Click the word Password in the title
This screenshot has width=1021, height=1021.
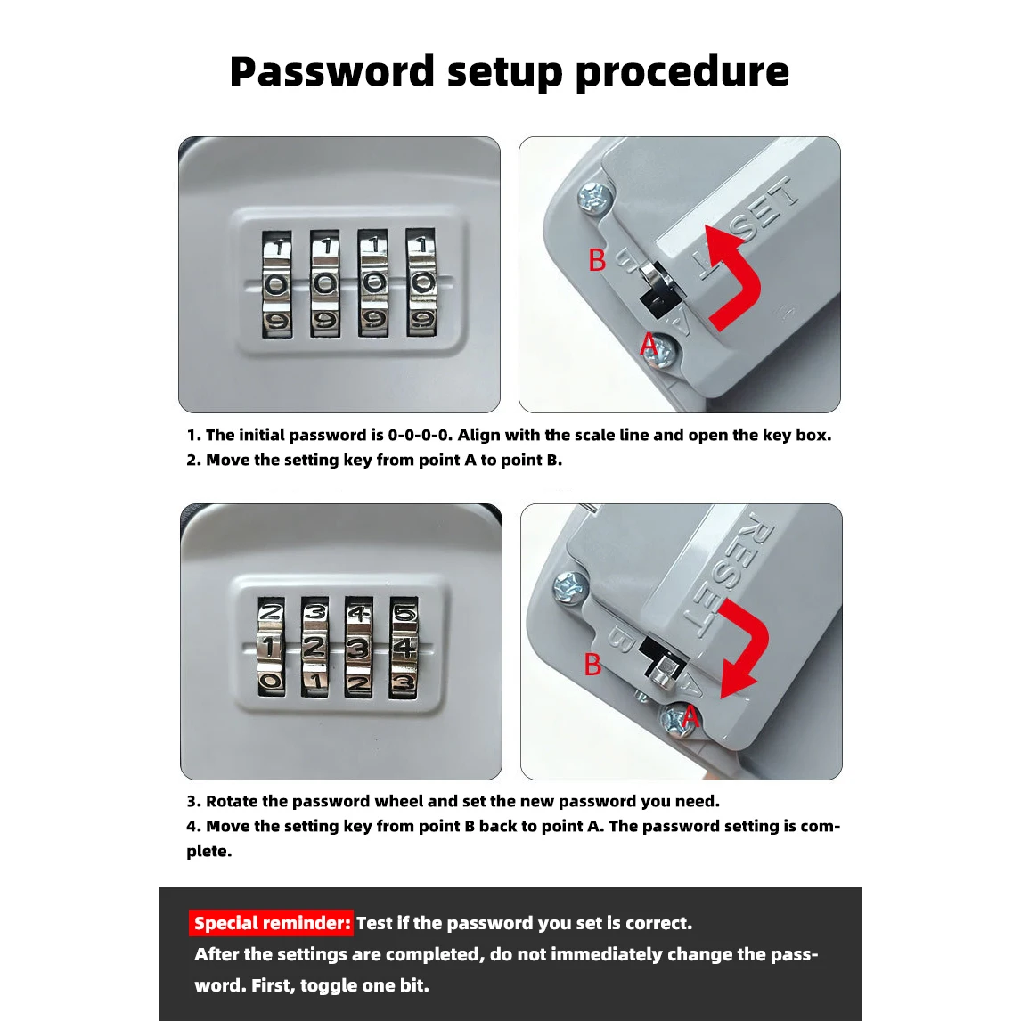(332, 71)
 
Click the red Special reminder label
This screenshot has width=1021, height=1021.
(272, 923)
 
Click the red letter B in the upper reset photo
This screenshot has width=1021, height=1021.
(596, 260)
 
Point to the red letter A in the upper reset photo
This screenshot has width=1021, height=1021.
(649, 343)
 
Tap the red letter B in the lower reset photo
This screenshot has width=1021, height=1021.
(592, 665)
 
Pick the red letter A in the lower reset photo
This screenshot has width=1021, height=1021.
(690, 716)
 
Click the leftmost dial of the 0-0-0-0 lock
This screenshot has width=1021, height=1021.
(277, 283)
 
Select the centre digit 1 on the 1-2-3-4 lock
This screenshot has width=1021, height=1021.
(270, 647)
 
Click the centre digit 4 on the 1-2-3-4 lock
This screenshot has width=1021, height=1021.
(405, 647)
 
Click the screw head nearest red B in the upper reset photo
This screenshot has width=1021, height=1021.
(595, 198)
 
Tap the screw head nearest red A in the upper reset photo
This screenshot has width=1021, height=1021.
(663, 352)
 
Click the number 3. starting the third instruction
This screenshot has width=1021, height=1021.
(193, 801)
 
